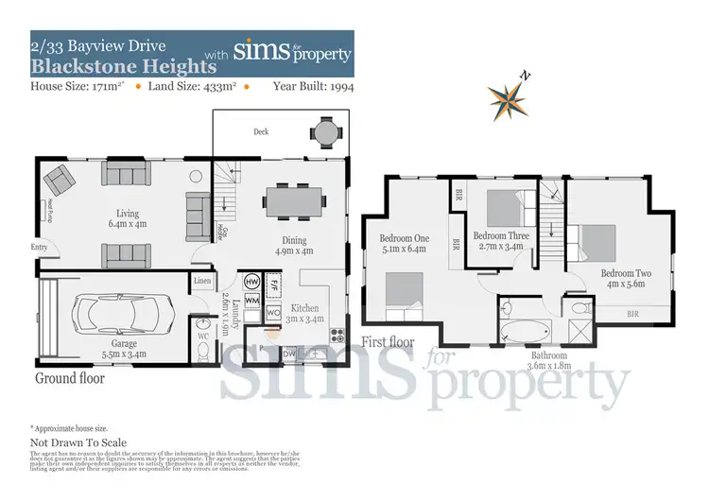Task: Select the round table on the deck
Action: [324, 132]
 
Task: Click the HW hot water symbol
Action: [251, 282]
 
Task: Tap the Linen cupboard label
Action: [202, 281]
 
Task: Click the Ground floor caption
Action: [69, 378]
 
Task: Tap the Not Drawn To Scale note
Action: [78, 442]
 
